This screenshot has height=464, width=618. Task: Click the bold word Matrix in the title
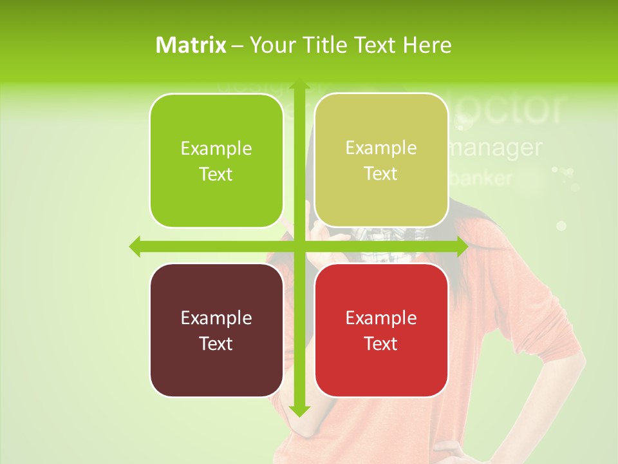(191, 45)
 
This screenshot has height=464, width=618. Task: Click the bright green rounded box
(216, 160)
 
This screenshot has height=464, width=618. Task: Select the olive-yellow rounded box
(381, 160)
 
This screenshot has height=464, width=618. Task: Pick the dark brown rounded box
(216, 330)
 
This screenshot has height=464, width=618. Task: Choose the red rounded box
(381, 330)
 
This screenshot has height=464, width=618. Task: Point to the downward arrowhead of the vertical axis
(298, 411)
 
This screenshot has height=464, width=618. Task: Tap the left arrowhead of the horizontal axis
(135, 246)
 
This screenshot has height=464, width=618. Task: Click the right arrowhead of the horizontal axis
(462, 246)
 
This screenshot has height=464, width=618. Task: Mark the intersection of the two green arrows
(298, 246)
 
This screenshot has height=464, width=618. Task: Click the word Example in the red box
(381, 318)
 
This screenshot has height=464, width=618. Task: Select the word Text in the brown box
(216, 343)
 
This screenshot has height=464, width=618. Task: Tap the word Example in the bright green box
(216, 148)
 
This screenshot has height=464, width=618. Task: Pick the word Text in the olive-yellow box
(380, 174)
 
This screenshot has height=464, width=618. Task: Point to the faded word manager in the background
(494, 148)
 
